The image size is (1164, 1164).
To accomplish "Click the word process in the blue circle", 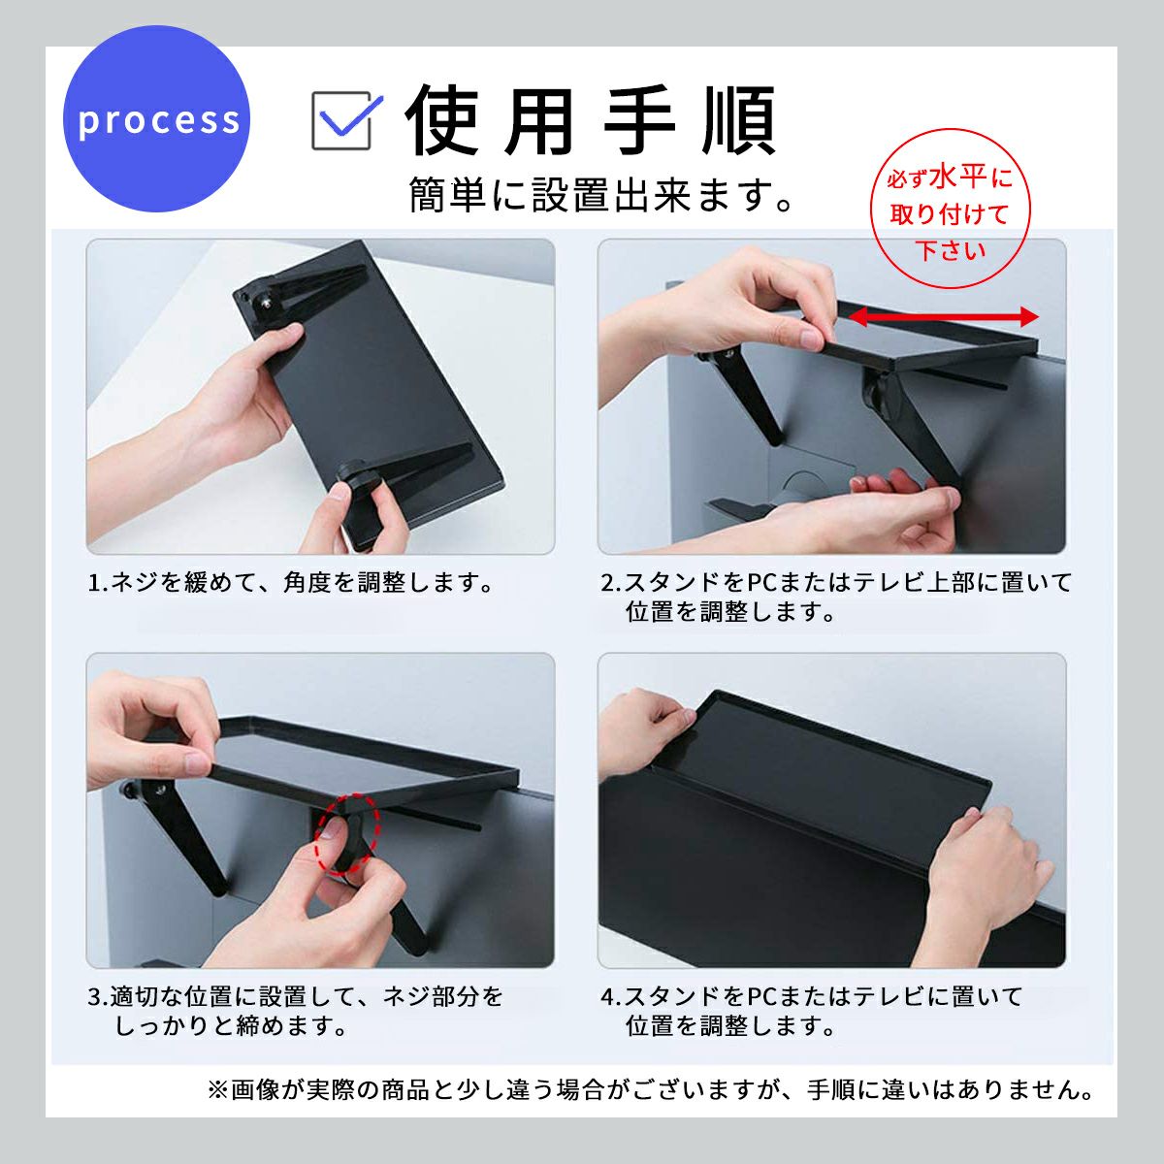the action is (x=159, y=121).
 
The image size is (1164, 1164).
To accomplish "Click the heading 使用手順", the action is (x=590, y=119).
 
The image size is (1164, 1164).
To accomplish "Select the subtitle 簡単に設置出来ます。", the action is (x=601, y=195).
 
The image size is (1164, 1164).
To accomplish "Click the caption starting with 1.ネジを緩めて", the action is (x=291, y=583).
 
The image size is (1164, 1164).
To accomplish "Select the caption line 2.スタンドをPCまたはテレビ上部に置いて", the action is (x=836, y=582).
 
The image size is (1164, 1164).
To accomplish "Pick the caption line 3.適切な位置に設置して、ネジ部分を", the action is (x=296, y=996).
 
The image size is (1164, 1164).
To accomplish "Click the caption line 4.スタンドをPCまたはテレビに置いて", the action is (x=811, y=996).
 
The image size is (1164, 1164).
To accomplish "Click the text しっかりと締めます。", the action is (x=231, y=1025).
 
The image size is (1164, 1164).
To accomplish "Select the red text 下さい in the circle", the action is (x=951, y=250).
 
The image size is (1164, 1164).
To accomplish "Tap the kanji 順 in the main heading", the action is (x=738, y=119).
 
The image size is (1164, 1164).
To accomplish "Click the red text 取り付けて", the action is (x=950, y=213).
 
